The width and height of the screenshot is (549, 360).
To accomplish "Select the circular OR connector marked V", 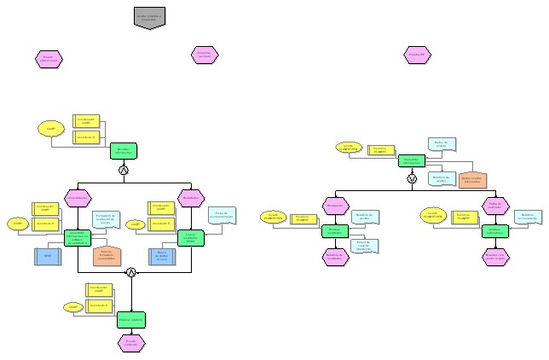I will tap(412, 179).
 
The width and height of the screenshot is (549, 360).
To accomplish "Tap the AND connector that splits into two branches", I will tap(123, 171).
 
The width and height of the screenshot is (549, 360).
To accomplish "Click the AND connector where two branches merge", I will tap(131, 272).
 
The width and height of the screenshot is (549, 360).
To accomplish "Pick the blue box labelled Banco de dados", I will tap(162, 256).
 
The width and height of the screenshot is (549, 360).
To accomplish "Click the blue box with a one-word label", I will tap(49, 256).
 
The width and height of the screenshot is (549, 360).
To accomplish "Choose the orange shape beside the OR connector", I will tap(472, 179).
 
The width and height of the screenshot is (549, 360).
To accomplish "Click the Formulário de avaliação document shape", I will tap(105, 220).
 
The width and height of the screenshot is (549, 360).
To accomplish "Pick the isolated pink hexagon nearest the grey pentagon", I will tap(205, 55).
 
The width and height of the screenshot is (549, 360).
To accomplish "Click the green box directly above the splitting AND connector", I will tap(123, 151).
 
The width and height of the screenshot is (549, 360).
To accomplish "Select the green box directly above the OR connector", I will tap(412, 160).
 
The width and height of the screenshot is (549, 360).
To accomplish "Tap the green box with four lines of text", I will tap(78, 238).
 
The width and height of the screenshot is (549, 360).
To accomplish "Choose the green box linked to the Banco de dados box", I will tap(189, 238).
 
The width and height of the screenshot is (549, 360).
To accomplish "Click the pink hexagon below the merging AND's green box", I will tap(131, 342).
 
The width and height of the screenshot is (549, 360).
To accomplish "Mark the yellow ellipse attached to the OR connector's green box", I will tap(348, 148).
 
